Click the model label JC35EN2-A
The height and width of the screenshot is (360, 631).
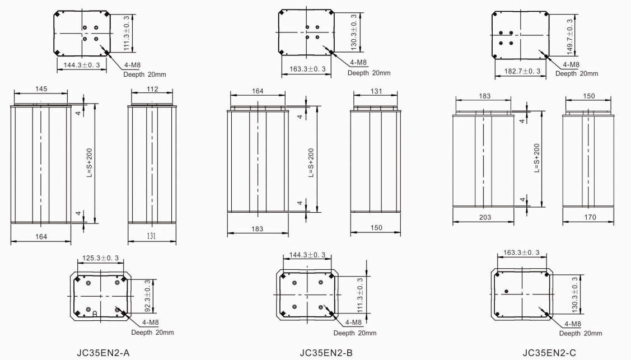(x=103, y=353)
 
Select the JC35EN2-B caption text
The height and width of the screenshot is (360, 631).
(x=326, y=353)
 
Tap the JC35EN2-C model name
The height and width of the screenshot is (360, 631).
(x=549, y=353)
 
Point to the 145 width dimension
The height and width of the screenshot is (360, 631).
(x=41, y=89)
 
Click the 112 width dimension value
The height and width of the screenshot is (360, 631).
(x=152, y=89)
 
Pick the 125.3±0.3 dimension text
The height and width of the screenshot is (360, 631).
(x=100, y=258)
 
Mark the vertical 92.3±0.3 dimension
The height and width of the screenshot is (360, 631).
(x=148, y=296)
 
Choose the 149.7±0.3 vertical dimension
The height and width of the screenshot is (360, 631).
(x=570, y=37)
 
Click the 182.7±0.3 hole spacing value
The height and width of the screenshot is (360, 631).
(x=522, y=71)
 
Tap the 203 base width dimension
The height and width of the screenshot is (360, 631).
(x=485, y=217)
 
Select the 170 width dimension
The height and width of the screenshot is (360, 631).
(x=590, y=217)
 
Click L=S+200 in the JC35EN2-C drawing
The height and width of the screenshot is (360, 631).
(x=537, y=158)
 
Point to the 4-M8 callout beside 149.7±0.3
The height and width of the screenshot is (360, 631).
(x=571, y=64)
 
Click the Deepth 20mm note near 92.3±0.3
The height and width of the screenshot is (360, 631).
(x=152, y=333)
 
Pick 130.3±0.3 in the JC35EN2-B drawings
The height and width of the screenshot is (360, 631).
(x=353, y=32)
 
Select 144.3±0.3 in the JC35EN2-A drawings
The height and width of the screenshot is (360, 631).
(x=82, y=65)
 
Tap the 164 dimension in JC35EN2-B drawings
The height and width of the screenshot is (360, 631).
(x=258, y=91)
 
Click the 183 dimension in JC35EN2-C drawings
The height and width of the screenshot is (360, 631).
(x=485, y=96)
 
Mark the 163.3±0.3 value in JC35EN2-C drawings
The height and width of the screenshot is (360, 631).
(x=522, y=253)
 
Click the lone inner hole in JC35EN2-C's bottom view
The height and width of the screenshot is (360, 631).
(x=506, y=291)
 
